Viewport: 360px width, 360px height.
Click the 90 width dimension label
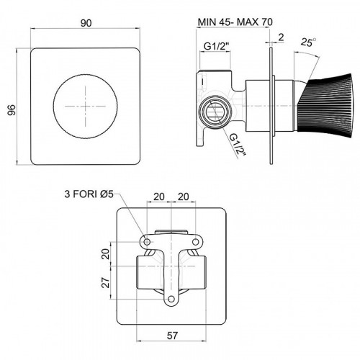pyautogui.click(x=86, y=23)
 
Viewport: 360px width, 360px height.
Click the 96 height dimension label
pyautogui.click(x=12, y=109)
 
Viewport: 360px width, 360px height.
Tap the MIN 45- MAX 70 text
pyautogui.click(x=235, y=22)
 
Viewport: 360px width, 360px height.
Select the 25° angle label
pyautogui.click(x=308, y=42)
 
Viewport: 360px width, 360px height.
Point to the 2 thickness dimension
pyautogui.click(x=281, y=37)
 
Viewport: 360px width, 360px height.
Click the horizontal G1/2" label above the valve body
pyautogui.click(x=217, y=46)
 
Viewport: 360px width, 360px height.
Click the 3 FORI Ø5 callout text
pyautogui.click(x=89, y=194)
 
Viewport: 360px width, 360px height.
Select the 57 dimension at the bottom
pyautogui.click(x=172, y=336)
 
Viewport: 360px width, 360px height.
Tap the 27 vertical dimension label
pyautogui.click(x=106, y=282)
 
